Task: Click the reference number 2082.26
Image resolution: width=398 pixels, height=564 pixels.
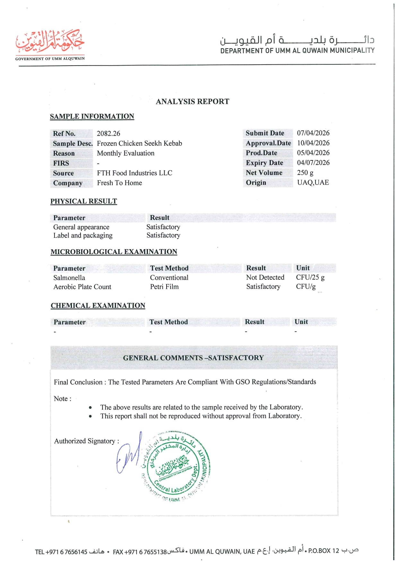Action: pos(108,133)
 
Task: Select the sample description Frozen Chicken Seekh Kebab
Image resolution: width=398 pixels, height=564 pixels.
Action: pos(139,143)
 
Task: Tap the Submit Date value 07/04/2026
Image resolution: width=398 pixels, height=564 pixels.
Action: pos(313,133)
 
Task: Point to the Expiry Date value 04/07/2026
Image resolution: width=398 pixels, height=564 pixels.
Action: pos(313,163)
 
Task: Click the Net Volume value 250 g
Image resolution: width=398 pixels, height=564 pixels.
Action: pos(305,173)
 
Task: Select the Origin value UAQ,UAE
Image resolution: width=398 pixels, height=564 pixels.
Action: pos(313,183)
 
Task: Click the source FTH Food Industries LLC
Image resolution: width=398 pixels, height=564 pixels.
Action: pos(134,173)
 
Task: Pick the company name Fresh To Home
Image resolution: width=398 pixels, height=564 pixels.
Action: pos(119,183)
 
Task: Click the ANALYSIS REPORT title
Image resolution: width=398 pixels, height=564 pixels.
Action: pos(192,102)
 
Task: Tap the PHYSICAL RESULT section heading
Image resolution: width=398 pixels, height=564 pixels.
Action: pos(83,201)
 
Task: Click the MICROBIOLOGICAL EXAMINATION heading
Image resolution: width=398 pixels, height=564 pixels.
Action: pos(114,252)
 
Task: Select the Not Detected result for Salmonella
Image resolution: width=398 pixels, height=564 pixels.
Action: pos(265,277)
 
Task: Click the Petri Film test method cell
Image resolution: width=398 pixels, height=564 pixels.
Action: pos(164,287)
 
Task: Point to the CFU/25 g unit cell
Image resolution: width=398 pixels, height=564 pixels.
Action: pos(310,277)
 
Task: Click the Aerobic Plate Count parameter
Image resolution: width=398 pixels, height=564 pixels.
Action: pos(82,287)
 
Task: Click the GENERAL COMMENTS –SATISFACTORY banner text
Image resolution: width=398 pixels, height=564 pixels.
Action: pos(193,358)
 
